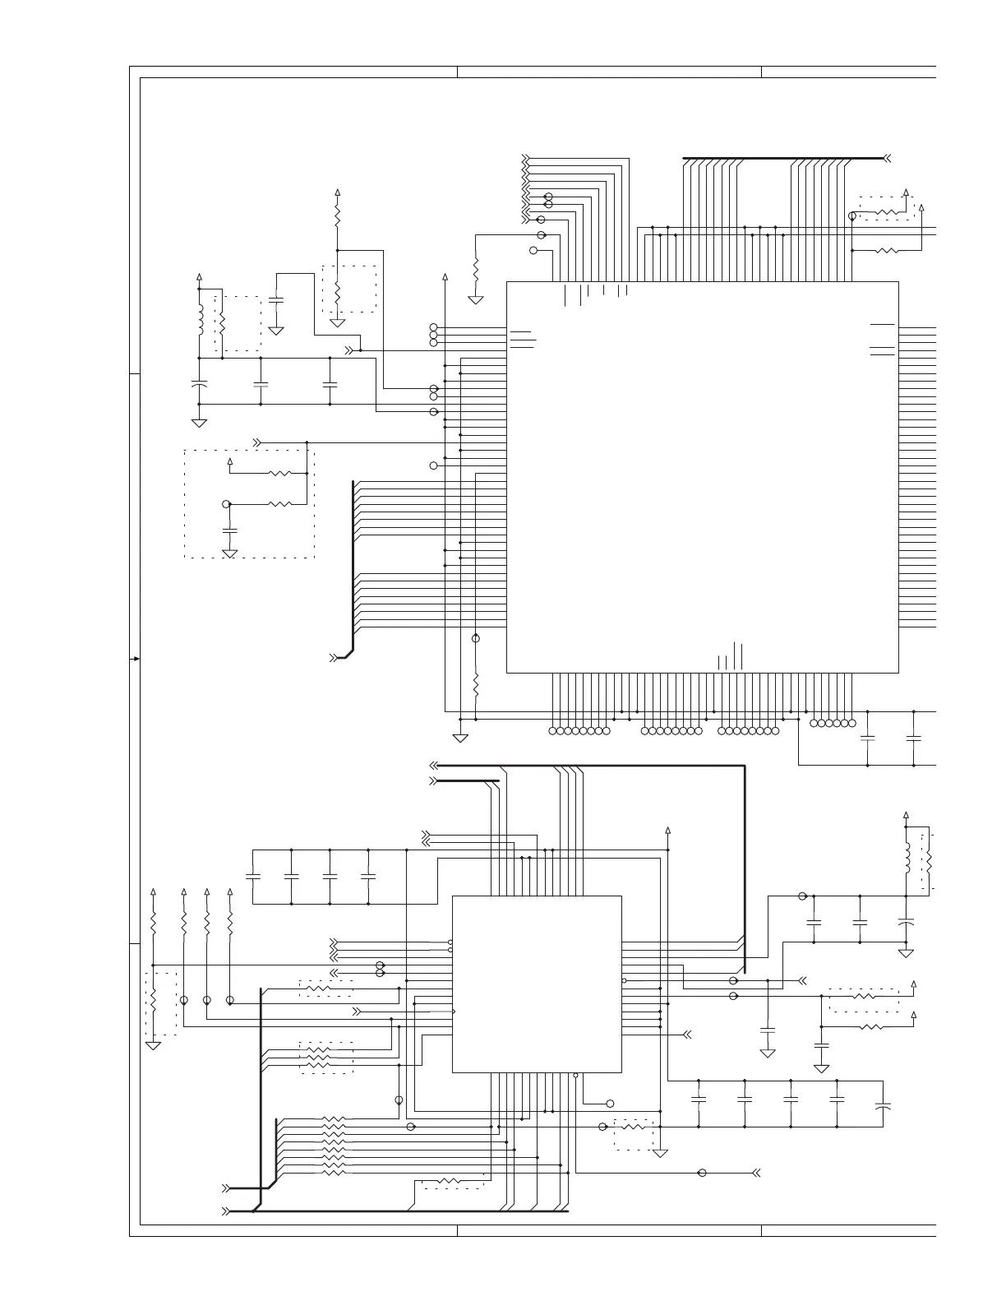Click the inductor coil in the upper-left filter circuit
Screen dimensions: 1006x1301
click(x=200, y=321)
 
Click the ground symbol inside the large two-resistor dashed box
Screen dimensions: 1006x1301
click(x=230, y=553)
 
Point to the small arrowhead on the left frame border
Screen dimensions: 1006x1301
click(x=136, y=659)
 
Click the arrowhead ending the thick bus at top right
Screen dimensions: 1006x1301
click(x=887, y=157)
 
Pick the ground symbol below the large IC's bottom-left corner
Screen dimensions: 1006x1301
click(x=460, y=738)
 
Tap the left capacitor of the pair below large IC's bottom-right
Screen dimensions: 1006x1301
click(x=867, y=738)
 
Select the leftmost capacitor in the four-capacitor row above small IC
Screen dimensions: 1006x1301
click(x=253, y=877)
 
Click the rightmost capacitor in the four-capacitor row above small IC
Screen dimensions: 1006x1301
click(x=368, y=877)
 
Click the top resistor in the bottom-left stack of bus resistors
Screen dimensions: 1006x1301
click(x=334, y=1119)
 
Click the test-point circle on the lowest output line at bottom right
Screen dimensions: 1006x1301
click(x=702, y=1173)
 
